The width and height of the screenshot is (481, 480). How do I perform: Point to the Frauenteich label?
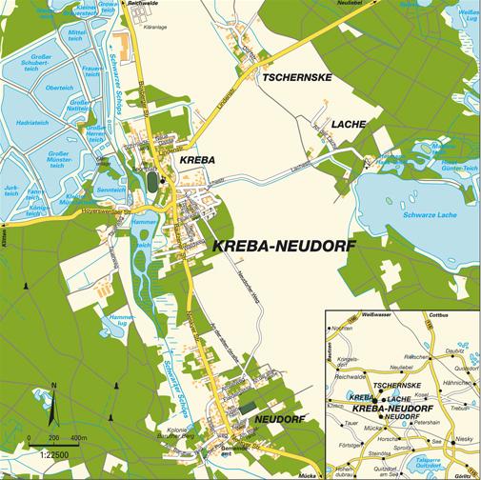[x=93, y=71]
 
